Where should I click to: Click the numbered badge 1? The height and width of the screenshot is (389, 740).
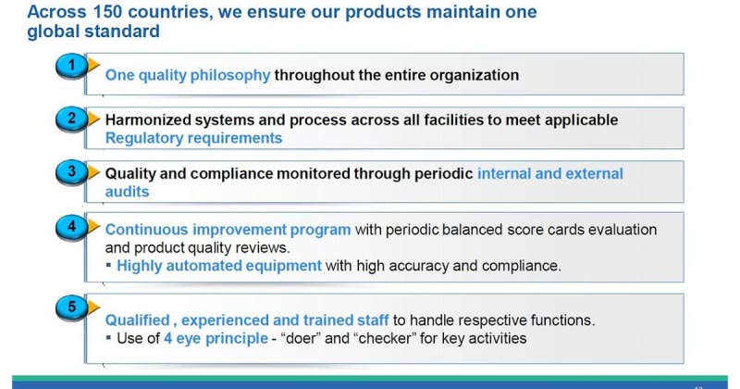70,65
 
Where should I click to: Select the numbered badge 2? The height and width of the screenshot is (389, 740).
70,119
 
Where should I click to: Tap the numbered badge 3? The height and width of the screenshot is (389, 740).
70,172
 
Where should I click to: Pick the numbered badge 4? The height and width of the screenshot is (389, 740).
70,226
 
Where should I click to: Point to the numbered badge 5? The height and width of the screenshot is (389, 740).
70,304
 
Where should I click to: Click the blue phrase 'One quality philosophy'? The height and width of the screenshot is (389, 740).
188,75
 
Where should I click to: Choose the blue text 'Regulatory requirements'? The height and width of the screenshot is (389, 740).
193,138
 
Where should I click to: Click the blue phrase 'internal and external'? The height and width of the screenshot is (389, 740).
549,174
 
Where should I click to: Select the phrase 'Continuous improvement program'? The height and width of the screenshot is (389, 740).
228,230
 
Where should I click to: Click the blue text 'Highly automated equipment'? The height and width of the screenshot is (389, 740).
219,266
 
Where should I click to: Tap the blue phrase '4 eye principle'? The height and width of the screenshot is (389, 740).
216,338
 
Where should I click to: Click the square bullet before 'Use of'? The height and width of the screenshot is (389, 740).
109,338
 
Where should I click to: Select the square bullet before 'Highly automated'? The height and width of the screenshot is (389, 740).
109,266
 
